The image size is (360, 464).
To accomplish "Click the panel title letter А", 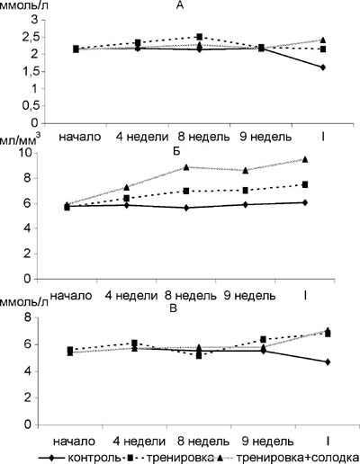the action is tap(180, 5).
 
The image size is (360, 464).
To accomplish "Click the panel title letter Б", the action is tap(176, 151).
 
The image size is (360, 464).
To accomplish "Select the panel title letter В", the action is tap(174, 308).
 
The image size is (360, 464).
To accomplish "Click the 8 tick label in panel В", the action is tap(28, 317).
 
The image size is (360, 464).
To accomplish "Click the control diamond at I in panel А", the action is tap(323, 67).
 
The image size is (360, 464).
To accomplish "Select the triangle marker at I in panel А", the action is tap(323, 40).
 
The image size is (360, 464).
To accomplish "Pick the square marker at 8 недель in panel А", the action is tap(200, 37).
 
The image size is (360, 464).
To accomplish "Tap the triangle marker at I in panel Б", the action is tap(305, 159).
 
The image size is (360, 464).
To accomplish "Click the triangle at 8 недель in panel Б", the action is tap(186, 167).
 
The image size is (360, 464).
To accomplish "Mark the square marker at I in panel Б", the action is tap(305, 184).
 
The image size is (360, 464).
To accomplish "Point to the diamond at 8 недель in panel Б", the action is tap(186, 208).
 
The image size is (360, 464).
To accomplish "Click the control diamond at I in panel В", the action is tap(328, 362).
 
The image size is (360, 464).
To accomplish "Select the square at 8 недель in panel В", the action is tap(199, 356).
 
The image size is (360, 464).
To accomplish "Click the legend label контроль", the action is tap(94, 458).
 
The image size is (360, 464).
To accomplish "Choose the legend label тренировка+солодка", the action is tap(298, 458).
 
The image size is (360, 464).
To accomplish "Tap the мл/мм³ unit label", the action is tap(20, 140).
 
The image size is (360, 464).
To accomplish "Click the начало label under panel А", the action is tap(80, 137).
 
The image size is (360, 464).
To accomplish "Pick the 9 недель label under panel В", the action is tap(268, 442).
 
